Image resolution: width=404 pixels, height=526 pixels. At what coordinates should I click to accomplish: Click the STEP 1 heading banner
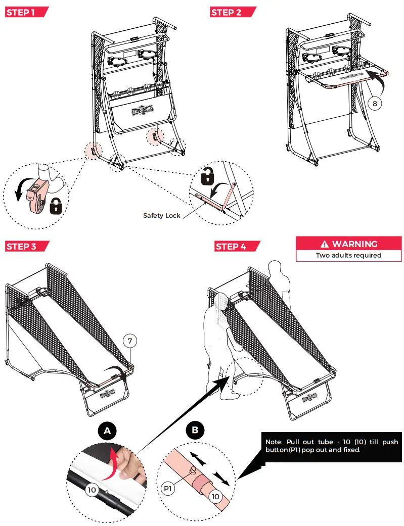coord(26,13)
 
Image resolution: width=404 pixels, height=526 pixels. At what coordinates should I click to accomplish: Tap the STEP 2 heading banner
coord(233,13)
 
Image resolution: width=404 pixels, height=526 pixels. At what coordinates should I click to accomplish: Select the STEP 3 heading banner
coord(27,247)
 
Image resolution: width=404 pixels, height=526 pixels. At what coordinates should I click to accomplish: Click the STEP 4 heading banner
coord(237,247)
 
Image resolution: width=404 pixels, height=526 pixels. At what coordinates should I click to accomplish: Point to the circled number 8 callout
coord(375,103)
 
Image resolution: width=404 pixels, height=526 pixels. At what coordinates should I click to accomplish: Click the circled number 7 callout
coord(130,341)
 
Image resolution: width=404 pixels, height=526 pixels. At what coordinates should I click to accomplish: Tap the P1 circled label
coord(168,489)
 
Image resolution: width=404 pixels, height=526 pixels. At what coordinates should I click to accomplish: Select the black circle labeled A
coord(108,431)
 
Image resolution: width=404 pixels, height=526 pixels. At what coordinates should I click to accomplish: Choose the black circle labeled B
coord(195,430)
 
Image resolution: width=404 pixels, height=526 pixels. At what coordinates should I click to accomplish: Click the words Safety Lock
coord(161,215)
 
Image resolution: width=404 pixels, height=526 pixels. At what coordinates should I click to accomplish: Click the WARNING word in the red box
coord(354,244)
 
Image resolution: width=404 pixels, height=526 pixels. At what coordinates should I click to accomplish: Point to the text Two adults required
coord(348,255)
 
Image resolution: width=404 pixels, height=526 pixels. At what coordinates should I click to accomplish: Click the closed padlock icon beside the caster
coord(56,206)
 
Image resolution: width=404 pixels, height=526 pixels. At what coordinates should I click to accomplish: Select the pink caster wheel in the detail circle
coord(35,198)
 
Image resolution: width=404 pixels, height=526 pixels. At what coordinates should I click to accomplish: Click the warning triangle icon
coord(325,244)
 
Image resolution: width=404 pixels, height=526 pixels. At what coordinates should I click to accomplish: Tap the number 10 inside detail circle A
coord(92,490)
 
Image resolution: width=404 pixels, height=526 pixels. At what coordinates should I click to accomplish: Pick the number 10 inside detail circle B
coord(215,497)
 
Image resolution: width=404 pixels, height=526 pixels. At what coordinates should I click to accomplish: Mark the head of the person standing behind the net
coord(275,267)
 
